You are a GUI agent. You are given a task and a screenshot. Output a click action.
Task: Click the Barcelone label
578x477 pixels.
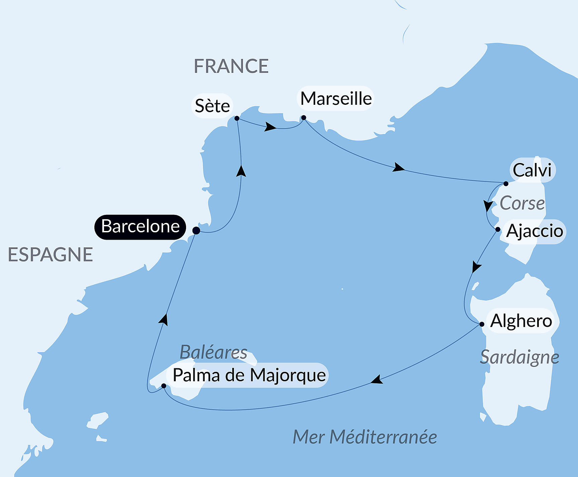click(140, 227)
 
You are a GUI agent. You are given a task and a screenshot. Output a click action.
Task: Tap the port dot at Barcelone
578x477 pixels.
click(196, 231)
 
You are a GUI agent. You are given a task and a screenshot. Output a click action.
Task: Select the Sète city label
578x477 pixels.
click(212, 106)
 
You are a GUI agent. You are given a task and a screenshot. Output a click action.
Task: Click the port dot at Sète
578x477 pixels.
click(237, 118)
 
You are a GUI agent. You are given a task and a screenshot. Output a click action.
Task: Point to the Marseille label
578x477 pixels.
click(336, 99)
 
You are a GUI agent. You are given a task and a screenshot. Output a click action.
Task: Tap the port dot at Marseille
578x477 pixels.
click(304, 117)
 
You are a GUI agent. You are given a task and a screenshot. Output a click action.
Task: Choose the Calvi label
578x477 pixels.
click(532, 170)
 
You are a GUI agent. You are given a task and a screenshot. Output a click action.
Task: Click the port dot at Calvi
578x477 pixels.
click(506, 183)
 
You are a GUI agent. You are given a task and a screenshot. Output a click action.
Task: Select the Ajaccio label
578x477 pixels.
click(534, 231)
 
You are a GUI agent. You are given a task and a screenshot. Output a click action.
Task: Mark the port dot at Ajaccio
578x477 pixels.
click(498, 229)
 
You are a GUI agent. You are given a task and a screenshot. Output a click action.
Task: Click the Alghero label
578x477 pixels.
click(521, 321)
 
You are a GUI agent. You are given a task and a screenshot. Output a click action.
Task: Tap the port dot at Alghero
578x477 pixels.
click(482, 324)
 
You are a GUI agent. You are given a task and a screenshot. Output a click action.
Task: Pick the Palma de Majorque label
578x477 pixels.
click(249, 375)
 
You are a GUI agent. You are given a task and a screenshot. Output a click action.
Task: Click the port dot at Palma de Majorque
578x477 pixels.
click(164, 386)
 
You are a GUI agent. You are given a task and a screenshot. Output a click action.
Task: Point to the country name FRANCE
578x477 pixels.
click(231, 66)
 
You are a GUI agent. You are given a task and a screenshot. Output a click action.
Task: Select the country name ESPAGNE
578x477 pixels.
click(50, 255)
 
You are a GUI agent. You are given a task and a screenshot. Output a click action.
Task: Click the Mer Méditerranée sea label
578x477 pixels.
click(365, 437)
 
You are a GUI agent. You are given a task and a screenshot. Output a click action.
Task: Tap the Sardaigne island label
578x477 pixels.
click(519, 357)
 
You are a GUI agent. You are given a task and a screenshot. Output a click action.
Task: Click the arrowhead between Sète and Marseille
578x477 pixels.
click(270, 127)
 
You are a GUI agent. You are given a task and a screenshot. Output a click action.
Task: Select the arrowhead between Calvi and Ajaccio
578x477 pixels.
click(488, 206)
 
